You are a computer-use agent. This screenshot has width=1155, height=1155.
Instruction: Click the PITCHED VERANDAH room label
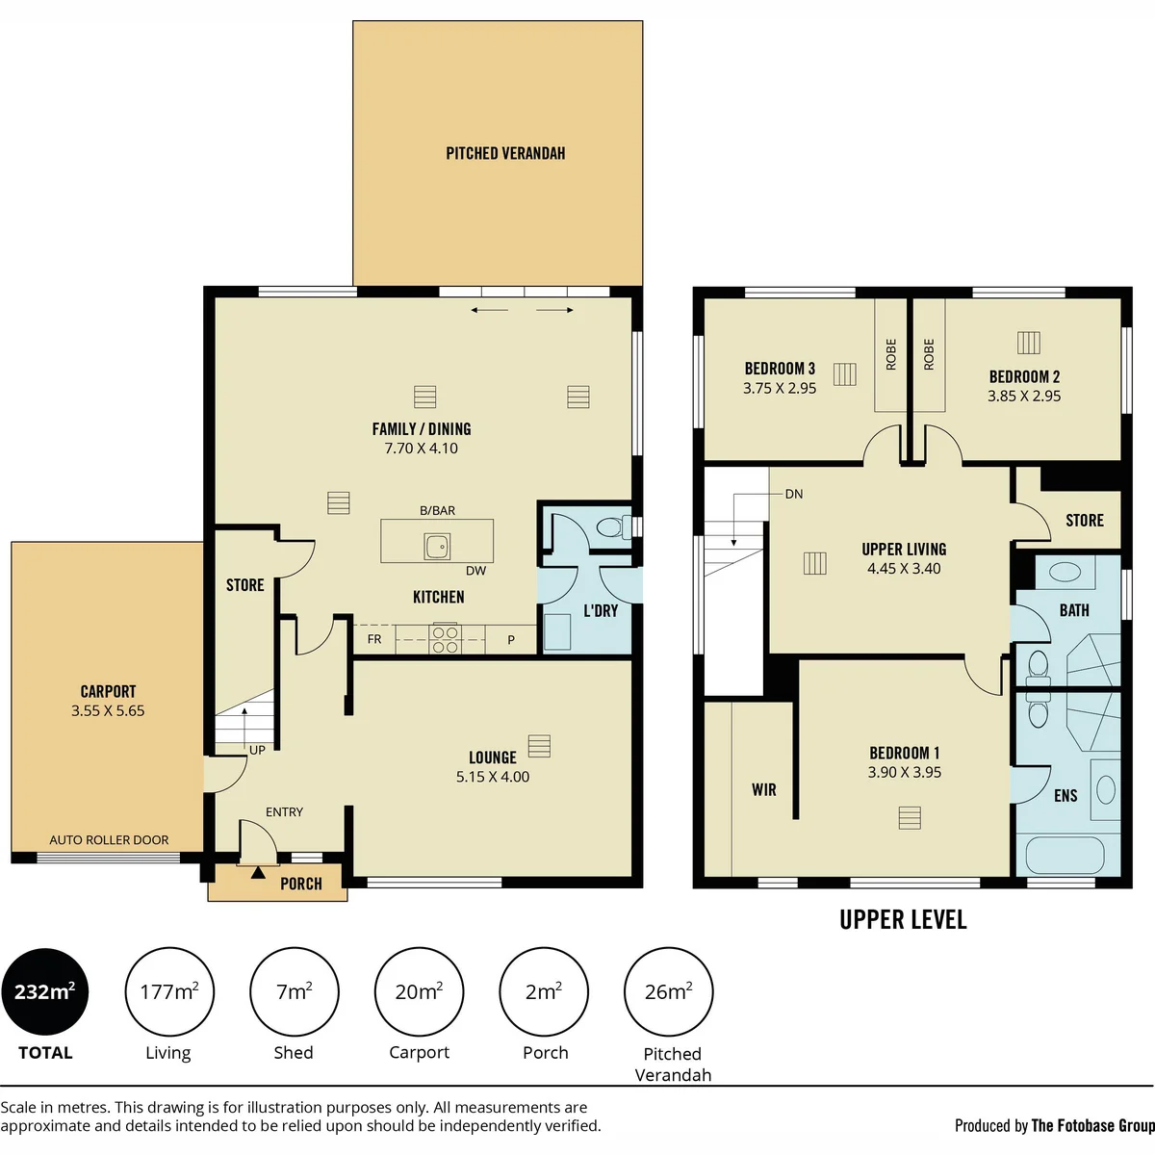click(505, 153)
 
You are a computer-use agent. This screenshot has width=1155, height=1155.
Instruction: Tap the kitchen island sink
click(438, 546)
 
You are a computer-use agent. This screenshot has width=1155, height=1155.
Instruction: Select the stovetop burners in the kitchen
click(445, 639)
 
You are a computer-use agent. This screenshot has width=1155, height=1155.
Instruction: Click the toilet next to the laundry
click(614, 527)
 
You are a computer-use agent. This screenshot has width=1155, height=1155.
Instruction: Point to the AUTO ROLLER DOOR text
click(109, 840)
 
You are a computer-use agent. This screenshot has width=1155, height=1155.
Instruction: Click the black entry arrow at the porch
click(258, 873)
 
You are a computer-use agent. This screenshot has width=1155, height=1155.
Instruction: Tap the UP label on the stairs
click(257, 751)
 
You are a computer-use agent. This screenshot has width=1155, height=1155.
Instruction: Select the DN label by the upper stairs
click(793, 495)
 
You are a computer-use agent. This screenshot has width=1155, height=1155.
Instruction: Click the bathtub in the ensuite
click(1065, 856)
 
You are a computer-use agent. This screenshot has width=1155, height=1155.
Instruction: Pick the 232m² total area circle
click(45, 992)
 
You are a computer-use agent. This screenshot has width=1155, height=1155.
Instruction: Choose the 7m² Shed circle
click(295, 992)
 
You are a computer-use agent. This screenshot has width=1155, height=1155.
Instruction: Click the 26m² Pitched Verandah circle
click(668, 992)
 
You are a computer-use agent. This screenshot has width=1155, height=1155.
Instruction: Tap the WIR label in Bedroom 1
click(764, 790)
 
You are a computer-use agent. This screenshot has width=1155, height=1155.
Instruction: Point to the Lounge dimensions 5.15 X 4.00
click(493, 777)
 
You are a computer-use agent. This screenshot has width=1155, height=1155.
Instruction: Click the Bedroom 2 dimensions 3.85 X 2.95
click(1024, 397)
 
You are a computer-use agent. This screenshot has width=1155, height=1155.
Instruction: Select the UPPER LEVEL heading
click(903, 920)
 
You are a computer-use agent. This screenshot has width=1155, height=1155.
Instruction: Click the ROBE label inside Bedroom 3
click(891, 355)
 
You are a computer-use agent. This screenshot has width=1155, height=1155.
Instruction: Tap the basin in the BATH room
click(1065, 572)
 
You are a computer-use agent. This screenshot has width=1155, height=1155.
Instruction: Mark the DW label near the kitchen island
click(475, 571)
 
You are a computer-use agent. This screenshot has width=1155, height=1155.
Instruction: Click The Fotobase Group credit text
click(1092, 1126)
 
